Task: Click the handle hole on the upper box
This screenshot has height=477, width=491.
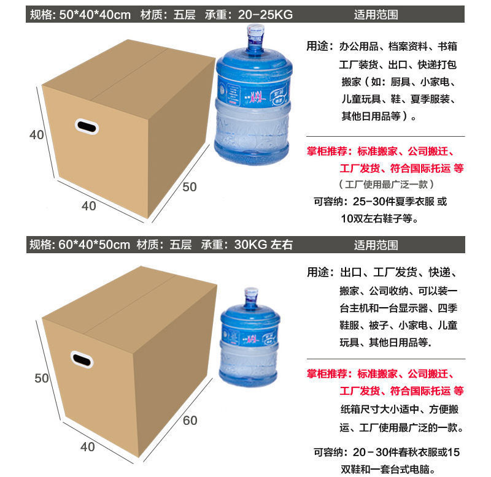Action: coord(86,126)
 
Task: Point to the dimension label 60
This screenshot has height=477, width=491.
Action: coord(190,421)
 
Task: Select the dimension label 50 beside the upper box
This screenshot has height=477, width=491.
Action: coord(190,186)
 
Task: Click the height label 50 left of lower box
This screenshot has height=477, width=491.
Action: coord(41,378)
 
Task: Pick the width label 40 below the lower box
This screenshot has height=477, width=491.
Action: coord(88,447)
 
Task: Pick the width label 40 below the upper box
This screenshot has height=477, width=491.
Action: coord(89,206)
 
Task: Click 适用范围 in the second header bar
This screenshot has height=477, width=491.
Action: coord(376,245)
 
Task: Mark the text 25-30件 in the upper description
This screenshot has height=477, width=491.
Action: coord(371,200)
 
